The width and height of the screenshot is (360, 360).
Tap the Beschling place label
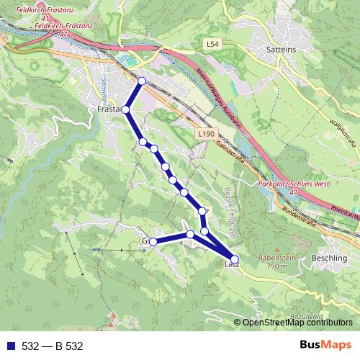pyautogui.click(x=330, y=257)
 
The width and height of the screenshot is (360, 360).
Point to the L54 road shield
pyautogui.click(x=210, y=45)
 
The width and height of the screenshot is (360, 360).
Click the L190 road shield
pyautogui.click(x=205, y=134)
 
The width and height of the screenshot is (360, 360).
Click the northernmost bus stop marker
pyautogui.click(x=142, y=81)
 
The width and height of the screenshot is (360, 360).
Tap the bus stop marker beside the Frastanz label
pyautogui.click(x=125, y=109)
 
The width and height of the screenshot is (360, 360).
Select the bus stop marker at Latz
pyautogui.click(x=235, y=259)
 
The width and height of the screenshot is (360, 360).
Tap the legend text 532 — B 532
pyautogui.click(x=52, y=346)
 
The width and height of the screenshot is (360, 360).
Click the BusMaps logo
pyautogui.click(x=325, y=346)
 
